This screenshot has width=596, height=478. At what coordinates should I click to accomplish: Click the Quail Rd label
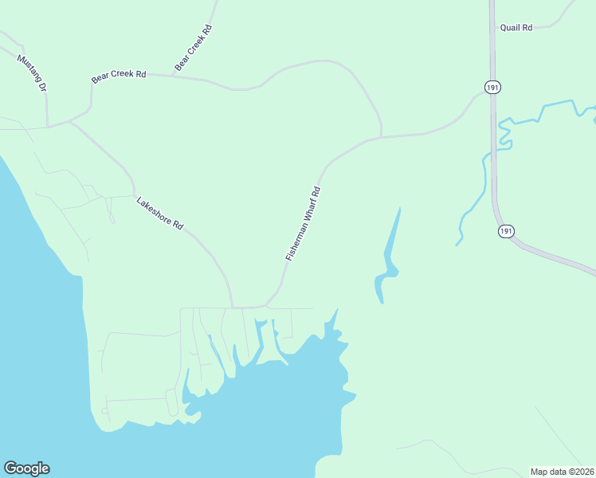(516, 28)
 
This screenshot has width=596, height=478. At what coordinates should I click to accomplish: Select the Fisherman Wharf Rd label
(303, 224)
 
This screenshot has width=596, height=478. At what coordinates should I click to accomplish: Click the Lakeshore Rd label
(160, 214)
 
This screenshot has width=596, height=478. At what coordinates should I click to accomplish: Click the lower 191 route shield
(506, 231)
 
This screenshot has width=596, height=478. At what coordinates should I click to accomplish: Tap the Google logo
(27, 468)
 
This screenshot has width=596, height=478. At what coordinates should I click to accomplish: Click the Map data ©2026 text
(563, 471)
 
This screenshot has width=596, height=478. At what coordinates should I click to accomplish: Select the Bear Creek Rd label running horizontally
(119, 76)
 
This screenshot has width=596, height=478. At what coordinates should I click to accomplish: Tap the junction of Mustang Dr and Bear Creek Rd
(48, 126)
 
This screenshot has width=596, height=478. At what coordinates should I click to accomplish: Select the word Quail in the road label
(510, 28)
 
